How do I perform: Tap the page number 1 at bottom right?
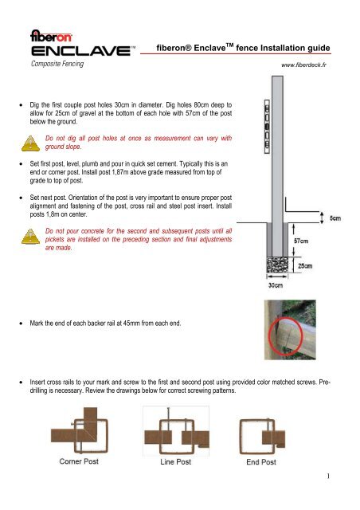click(x=338, y=500)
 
